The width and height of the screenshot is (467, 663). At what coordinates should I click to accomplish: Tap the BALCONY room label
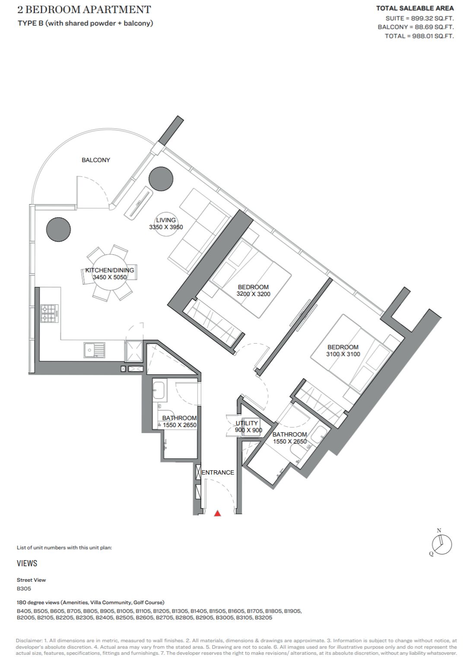point(96,160)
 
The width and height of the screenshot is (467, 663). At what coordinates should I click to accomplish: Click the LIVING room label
point(166,220)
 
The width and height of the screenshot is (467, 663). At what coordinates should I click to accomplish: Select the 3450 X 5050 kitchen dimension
point(110,277)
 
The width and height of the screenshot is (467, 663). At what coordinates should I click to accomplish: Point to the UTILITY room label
point(247,423)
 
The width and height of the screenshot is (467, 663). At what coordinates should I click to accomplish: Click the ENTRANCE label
point(218,472)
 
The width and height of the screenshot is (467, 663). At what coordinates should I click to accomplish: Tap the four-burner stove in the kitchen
point(49,313)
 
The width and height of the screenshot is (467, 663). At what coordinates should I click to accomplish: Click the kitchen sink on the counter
point(94,351)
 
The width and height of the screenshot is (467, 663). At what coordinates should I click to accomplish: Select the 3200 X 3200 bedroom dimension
point(254,294)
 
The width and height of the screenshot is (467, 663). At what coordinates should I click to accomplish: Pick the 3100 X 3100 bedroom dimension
point(343,354)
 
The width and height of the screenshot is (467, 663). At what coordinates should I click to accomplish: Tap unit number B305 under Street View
point(24,588)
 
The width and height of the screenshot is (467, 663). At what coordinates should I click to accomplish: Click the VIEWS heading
point(27,563)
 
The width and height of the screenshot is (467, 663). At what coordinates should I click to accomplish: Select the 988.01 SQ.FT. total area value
point(433,36)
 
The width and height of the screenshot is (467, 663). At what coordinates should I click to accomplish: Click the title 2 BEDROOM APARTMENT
point(84,10)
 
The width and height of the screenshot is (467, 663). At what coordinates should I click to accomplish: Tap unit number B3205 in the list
point(264,618)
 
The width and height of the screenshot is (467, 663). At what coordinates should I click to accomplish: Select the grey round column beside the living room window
point(161,179)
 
